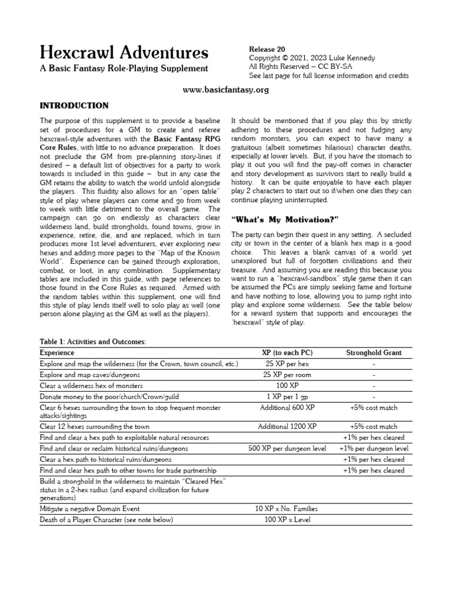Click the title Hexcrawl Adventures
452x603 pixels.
coord(124,53)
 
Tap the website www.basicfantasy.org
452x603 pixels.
coord(225,90)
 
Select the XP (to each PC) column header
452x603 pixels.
coord(287,353)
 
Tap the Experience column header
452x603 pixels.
coord(57,353)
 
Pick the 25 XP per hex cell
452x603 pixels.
coord(287,364)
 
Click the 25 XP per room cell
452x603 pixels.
coord(287,375)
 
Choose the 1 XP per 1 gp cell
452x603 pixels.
coord(287,396)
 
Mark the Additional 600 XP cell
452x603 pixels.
coord(287,407)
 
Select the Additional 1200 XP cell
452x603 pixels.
coord(287,426)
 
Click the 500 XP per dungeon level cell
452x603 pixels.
coord(287,448)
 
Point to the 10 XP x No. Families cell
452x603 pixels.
coord(287,508)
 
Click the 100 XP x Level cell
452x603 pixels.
coord(287,519)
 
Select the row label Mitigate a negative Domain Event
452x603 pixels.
coord(89,508)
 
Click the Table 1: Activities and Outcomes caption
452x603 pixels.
coord(92,342)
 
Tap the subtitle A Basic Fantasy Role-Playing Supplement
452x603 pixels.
coord(124,69)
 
